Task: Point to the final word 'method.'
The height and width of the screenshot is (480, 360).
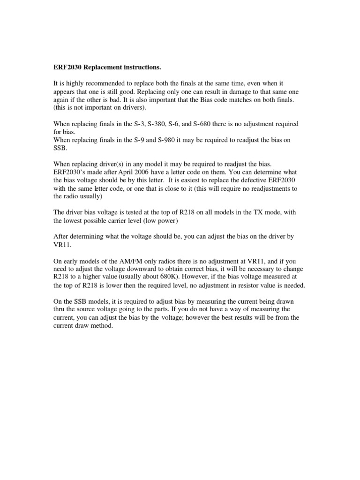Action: pos(101,326)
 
